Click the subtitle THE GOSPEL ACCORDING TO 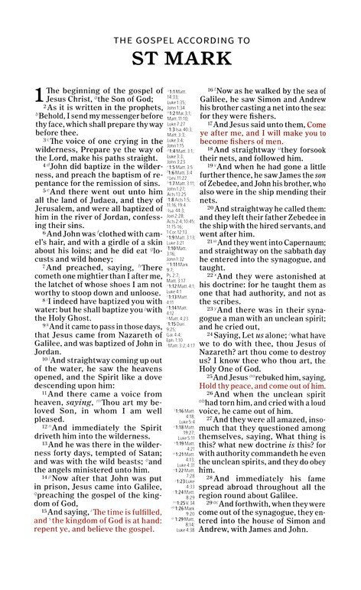coord(181,38)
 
